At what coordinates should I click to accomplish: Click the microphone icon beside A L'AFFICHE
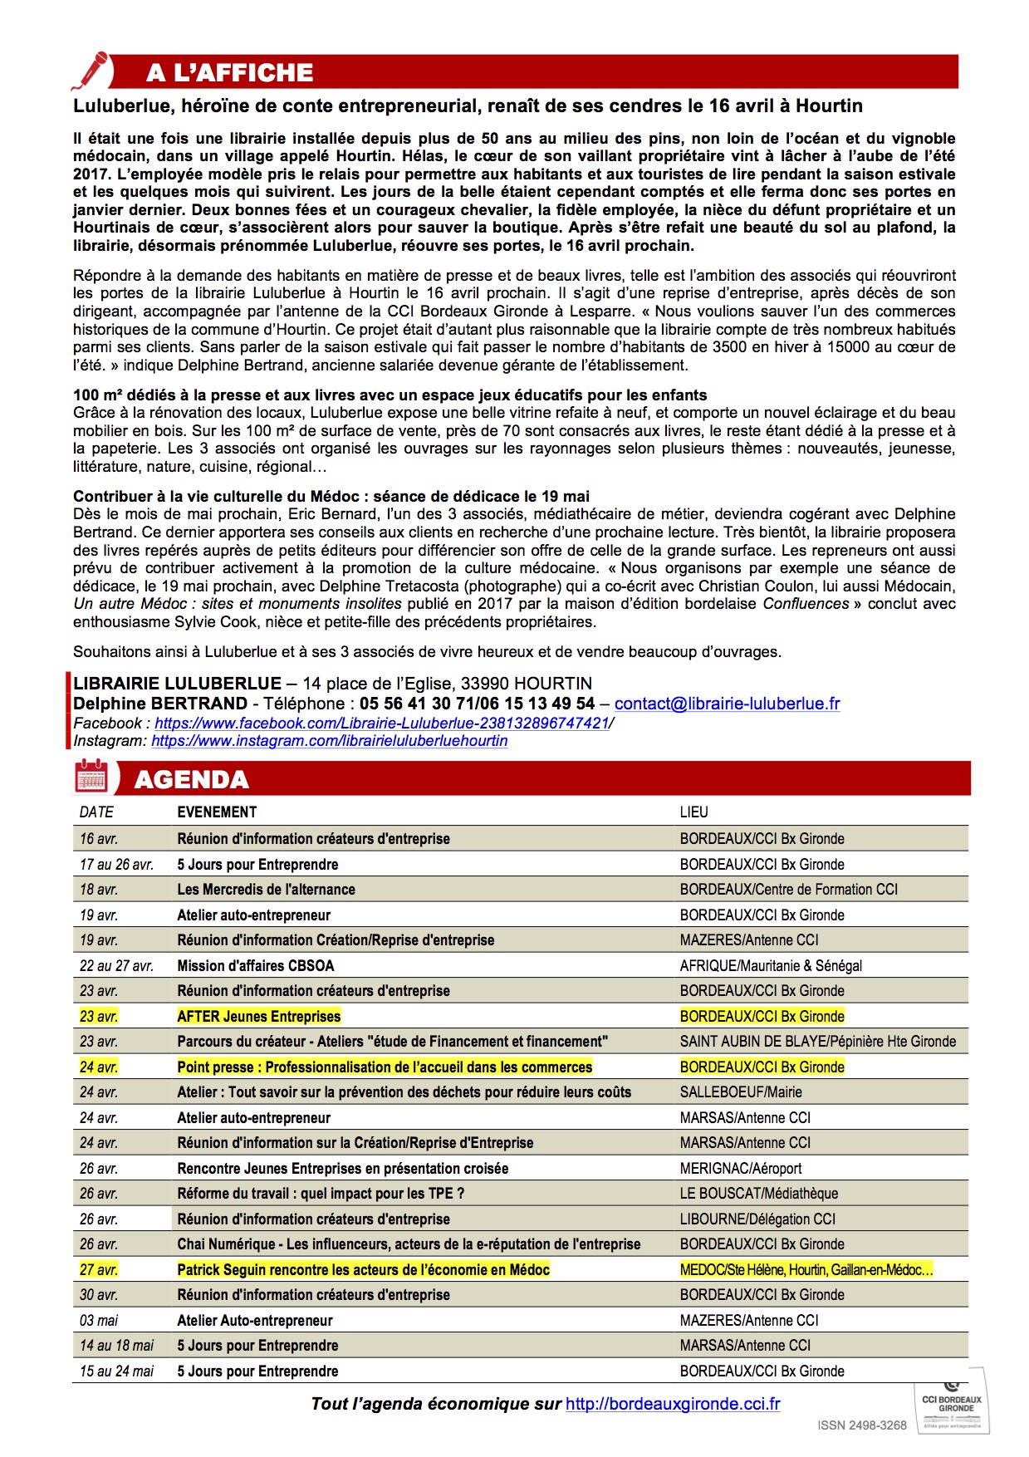click(x=91, y=70)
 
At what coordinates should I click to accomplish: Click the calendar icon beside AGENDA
click(x=91, y=778)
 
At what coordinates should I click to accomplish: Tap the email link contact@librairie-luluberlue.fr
click(x=727, y=704)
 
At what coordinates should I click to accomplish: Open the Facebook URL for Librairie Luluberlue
click(x=382, y=723)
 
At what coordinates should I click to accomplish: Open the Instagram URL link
click(x=329, y=740)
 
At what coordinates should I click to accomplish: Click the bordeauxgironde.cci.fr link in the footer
click(x=673, y=1404)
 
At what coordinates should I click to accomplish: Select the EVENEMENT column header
click(x=217, y=812)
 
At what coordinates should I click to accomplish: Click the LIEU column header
click(x=693, y=812)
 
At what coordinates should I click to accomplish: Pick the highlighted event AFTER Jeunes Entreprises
click(x=259, y=1016)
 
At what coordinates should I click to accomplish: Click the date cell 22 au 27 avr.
click(x=116, y=965)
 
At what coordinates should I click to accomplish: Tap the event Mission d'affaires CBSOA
click(x=256, y=965)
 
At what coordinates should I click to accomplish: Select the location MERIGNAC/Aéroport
click(x=741, y=1168)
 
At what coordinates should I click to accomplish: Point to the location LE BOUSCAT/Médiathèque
click(x=758, y=1194)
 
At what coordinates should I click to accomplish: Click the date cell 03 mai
click(x=99, y=1320)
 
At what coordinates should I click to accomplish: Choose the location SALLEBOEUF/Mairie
click(x=741, y=1092)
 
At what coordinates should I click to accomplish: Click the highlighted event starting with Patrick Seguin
click(x=364, y=1269)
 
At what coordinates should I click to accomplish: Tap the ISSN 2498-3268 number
click(x=862, y=1425)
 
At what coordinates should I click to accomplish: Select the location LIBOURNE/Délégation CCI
click(x=757, y=1219)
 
